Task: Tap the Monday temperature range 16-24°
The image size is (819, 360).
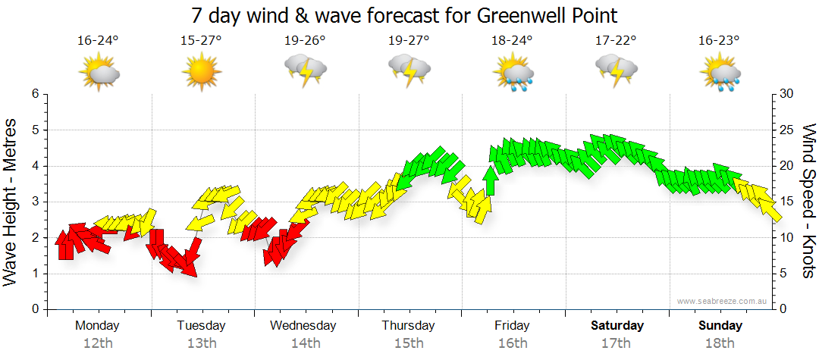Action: coord(99,40)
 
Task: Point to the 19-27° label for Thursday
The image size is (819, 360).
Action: coord(409,40)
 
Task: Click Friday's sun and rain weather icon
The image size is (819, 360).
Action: coord(513,72)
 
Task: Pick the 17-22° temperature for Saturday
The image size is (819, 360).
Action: coord(616,40)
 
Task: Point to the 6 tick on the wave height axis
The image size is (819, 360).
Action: coord(34,94)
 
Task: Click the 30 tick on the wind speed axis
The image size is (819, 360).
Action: coord(787,94)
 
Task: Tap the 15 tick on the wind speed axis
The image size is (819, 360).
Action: coord(787,202)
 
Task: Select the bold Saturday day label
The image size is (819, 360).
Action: coord(617,326)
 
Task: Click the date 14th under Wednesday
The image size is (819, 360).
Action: coord(305,343)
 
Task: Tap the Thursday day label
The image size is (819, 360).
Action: coord(409,326)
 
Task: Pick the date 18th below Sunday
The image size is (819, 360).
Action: coord(720,343)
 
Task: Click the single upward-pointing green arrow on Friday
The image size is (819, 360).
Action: coord(491,180)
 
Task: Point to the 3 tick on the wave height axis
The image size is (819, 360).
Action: coord(34,202)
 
